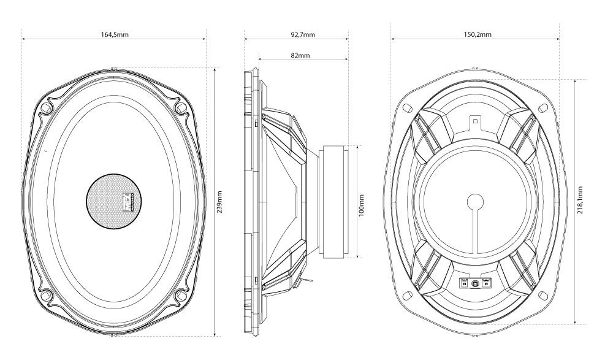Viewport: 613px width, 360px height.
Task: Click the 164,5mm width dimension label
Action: [115, 34]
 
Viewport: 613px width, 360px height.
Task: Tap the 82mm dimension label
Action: [300, 55]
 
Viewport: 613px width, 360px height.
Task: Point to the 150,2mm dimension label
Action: [478, 34]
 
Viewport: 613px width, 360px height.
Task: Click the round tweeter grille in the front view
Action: [114, 201]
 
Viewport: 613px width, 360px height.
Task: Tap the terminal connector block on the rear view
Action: [476, 283]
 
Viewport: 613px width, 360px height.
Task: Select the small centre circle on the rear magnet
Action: [475, 202]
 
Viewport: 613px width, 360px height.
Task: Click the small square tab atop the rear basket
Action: [475, 121]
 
